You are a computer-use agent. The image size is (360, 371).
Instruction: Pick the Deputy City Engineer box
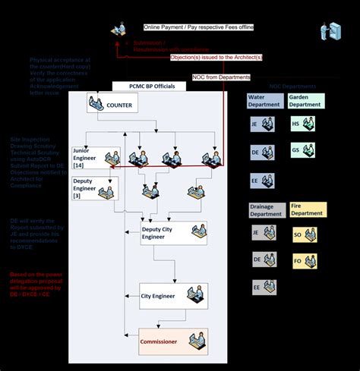pyautogui.click(x=174, y=232)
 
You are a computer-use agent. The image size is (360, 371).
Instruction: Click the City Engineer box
pyautogui.click(x=173, y=297)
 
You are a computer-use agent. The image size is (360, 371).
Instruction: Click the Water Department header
pyautogui.click(x=264, y=101)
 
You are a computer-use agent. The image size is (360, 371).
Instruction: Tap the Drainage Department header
pyautogui.click(x=266, y=209)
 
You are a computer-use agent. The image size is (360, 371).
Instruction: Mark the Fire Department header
pyautogui.click(x=308, y=209)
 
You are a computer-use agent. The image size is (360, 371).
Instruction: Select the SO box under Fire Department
pyautogui.click(x=305, y=234)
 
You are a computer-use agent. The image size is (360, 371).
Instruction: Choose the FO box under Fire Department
pyautogui.click(x=305, y=261)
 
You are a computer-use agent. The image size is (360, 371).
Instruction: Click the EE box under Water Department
pyautogui.click(x=263, y=181)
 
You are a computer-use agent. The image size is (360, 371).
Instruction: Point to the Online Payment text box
pyautogui.click(x=198, y=27)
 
